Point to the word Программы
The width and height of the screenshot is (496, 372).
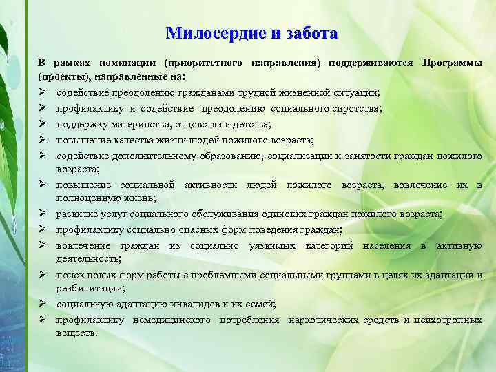[x=452, y=63]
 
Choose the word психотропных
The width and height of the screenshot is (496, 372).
[x=451, y=320]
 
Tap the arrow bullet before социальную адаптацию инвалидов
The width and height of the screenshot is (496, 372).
[x=43, y=304]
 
